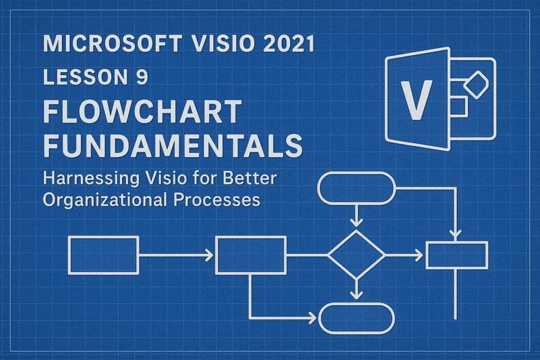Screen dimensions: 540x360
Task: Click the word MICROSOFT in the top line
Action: point(112,44)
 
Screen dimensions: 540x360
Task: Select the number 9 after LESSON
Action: point(141,76)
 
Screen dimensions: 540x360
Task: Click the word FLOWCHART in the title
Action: point(142,111)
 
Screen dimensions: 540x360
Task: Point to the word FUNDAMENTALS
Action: point(173,145)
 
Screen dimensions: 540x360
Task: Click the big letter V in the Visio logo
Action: point(417,100)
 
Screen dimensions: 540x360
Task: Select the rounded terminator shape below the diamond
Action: point(356,304)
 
